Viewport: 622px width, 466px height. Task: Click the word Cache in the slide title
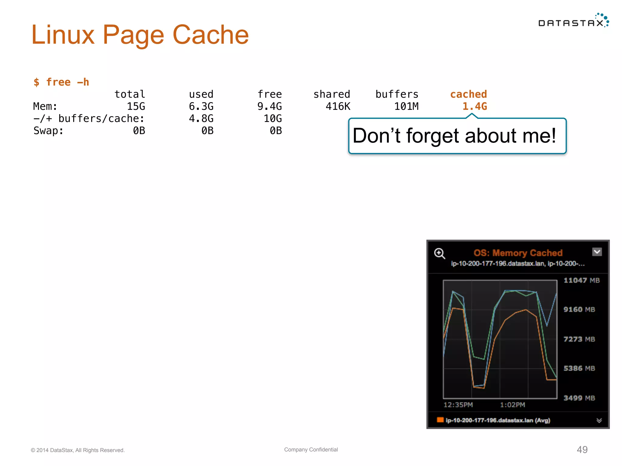210,35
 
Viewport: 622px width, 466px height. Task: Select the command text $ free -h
61,82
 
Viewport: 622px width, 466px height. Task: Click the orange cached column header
468,94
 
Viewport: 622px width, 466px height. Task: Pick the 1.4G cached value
474,106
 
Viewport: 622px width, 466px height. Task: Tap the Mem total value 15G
136,106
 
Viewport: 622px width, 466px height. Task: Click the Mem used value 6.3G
201,106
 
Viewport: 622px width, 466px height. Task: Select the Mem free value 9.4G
269,106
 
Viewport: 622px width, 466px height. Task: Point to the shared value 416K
338,106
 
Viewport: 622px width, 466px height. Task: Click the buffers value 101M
406,106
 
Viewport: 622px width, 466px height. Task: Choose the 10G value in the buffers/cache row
272,119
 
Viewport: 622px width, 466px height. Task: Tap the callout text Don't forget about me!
454,136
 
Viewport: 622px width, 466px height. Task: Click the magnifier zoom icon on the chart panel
439,253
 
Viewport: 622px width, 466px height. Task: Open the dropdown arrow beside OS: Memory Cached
597,252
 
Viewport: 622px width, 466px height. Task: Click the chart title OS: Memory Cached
518,253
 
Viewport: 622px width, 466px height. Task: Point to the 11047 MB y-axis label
581,280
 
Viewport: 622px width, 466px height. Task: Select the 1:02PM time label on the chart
512,405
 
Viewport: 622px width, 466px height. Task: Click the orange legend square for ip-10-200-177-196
440,420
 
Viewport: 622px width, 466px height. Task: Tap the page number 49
582,450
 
